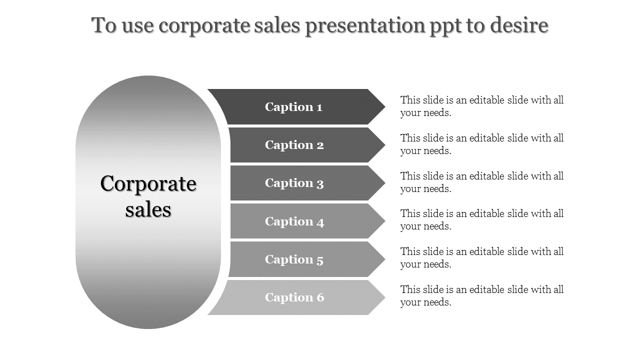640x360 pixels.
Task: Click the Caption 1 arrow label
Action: [293, 106]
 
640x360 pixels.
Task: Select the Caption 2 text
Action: [294, 145]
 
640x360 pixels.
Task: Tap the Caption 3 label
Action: [294, 183]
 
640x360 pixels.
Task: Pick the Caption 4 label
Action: [294, 221]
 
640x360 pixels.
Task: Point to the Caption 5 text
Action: [294, 259]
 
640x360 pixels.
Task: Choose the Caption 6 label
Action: [294, 297]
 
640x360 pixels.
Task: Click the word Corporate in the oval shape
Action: [148, 184]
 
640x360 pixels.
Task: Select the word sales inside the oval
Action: [148, 209]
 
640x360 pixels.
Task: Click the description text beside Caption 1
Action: [481, 106]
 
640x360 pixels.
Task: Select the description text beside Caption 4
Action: [481, 219]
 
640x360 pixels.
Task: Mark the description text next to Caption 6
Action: [481, 295]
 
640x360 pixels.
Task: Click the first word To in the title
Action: [104, 25]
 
